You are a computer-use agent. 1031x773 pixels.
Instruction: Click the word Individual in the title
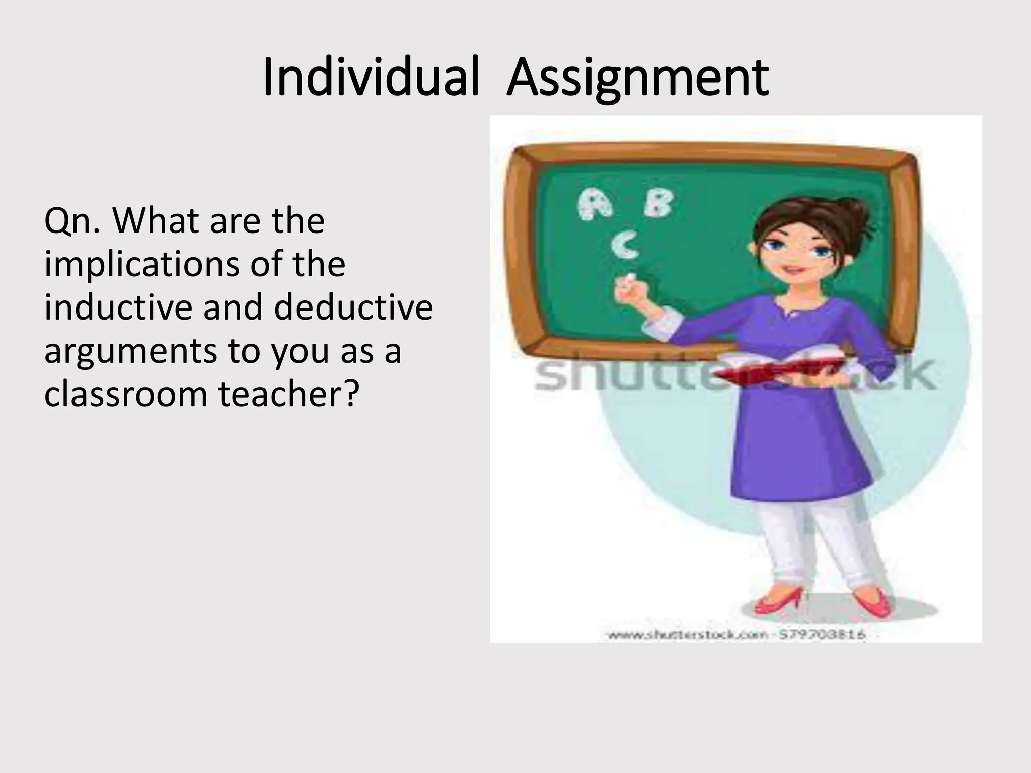371,78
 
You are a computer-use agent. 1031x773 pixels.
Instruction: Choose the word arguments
130,351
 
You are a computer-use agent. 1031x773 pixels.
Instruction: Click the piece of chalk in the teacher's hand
629,277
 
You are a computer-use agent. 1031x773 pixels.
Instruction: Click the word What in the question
158,221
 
